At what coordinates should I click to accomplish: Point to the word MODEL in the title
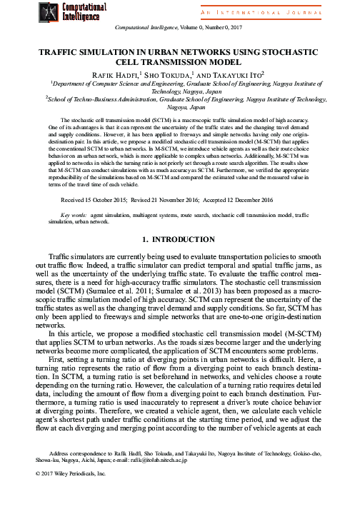pos(218,63)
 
